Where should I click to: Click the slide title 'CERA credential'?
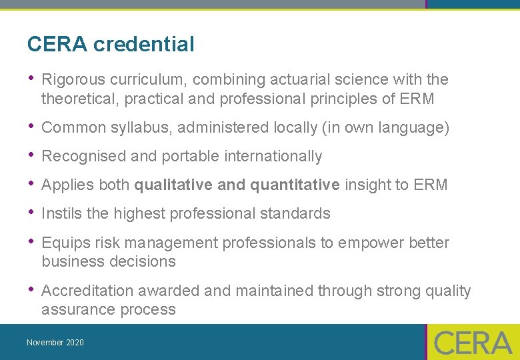point(111,45)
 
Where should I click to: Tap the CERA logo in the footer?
point(473,343)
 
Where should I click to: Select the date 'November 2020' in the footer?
point(55,343)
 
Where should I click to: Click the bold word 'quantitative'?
point(295,185)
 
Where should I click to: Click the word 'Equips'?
point(63,243)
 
